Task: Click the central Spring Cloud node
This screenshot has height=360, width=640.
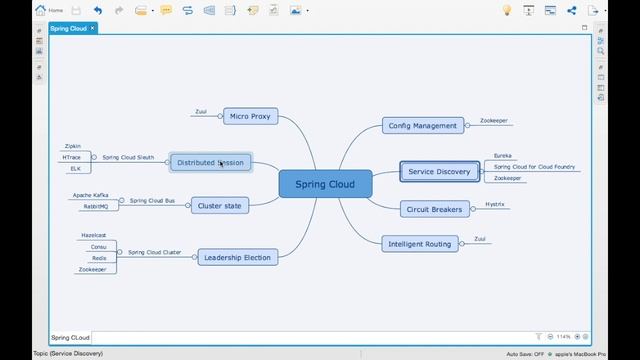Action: [325, 184]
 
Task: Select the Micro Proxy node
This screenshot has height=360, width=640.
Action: [250, 116]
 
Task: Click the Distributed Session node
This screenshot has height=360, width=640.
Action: [210, 162]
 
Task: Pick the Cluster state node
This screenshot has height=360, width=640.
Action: [220, 205]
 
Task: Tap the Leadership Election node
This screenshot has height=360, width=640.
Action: [237, 257]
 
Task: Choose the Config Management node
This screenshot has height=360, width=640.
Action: [423, 126]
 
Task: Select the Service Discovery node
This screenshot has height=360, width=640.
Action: [439, 172]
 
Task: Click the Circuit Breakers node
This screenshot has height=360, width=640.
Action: [434, 209]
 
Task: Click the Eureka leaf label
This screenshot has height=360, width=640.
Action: [502, 156]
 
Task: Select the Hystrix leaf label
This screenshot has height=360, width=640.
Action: [494, 204]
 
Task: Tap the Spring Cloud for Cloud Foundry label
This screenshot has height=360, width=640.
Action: [535, 167]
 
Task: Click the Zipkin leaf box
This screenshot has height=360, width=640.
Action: [72, 146]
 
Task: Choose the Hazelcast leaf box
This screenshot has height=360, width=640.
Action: [93, 235]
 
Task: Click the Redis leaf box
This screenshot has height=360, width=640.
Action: [98, 258]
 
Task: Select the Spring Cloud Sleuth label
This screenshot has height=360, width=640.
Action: [128, 157]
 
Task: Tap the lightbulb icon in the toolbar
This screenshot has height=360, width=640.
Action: [506, 10]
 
